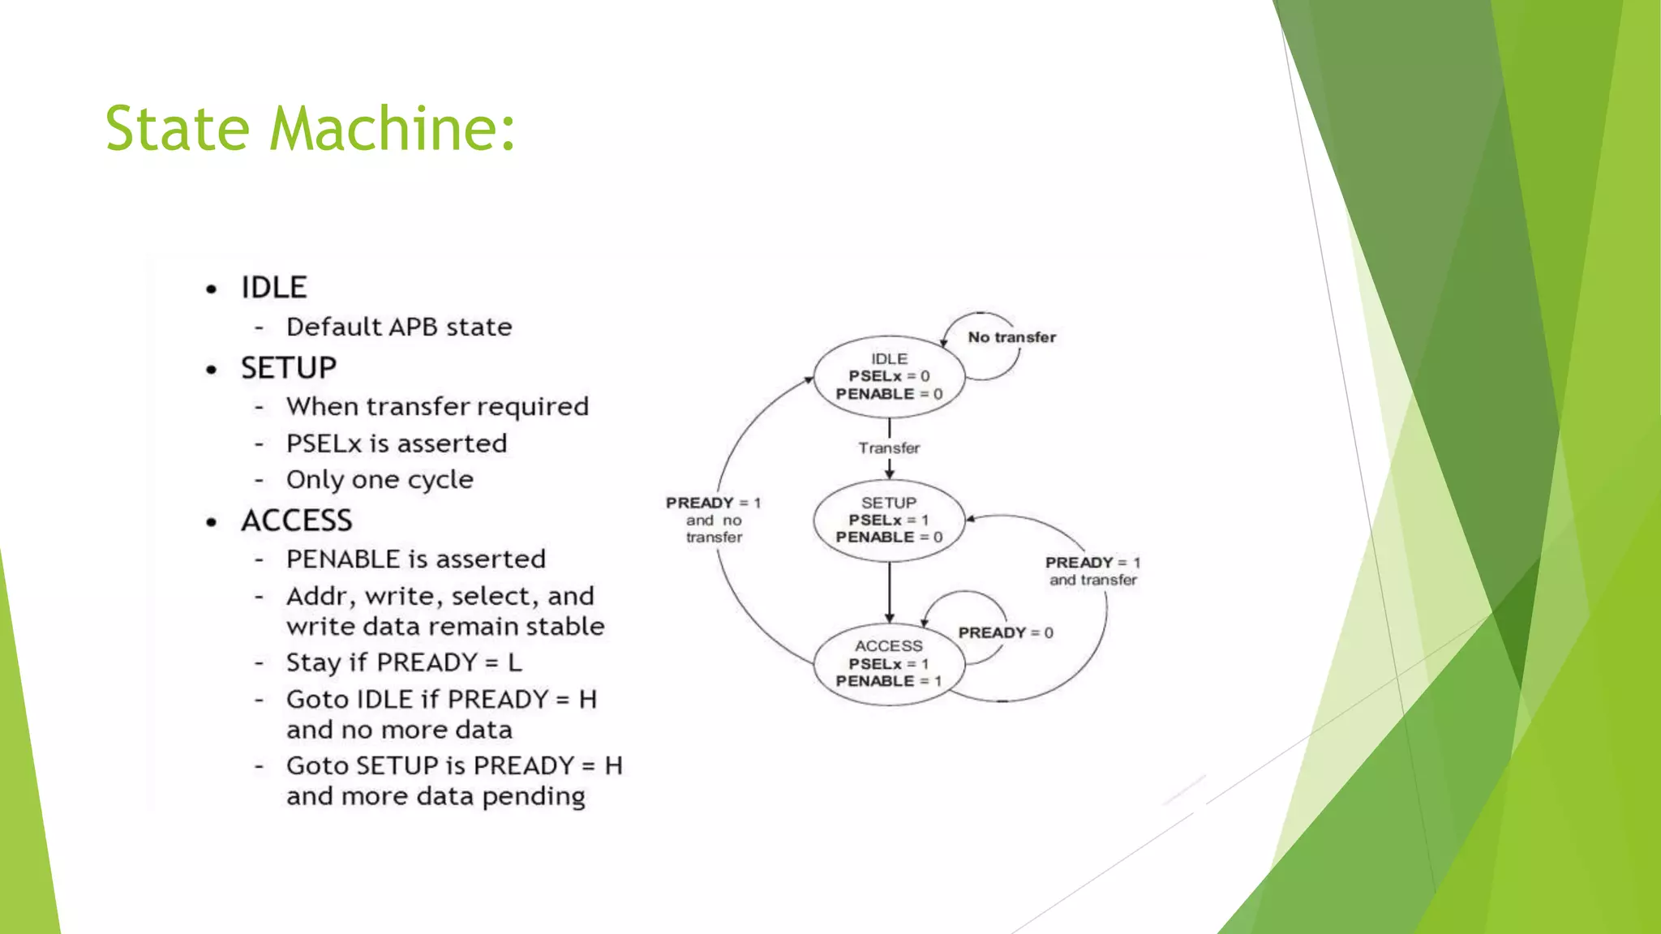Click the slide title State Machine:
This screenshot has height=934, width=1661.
point(310,128)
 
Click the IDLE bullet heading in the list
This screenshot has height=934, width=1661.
point(273,288)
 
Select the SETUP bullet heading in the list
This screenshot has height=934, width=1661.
point(288,368)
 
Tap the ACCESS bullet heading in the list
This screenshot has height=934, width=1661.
point(296,521)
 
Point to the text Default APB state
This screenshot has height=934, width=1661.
point(399,327)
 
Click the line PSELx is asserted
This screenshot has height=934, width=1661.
point(396,443)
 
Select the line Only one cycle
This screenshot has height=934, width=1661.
point(380,479)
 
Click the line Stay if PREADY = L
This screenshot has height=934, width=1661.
point(404,662)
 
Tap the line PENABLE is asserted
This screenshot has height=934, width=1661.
point(415,559)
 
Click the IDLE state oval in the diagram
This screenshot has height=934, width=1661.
point(889,377)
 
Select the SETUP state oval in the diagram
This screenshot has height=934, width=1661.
point(889,521)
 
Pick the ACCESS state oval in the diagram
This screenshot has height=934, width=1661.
point(889,664)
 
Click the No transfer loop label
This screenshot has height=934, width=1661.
point(1011,337)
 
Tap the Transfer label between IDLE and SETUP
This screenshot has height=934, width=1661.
point(889,448)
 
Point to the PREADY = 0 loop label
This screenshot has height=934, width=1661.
point(1005,632)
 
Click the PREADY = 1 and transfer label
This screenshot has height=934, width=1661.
point(1092,571)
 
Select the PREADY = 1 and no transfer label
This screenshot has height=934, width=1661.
point(713,520)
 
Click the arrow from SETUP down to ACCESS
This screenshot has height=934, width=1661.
point(889,592)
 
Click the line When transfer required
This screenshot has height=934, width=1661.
point(437,406)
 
